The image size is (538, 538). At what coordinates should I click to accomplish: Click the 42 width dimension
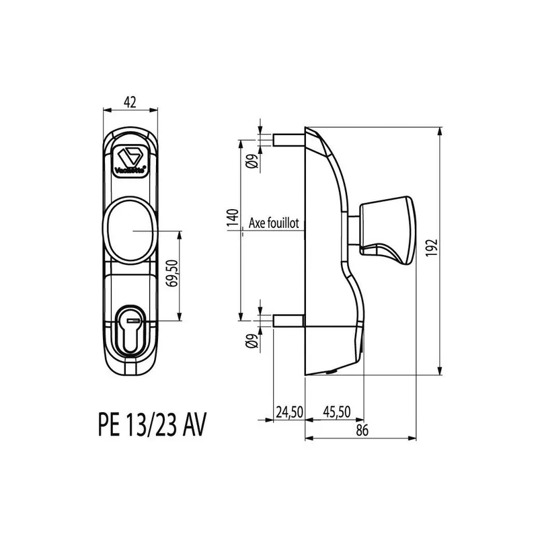pos(130,102)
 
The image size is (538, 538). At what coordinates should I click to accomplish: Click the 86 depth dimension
pos(362,432)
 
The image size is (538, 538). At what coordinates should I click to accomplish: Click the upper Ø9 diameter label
pos(250,160)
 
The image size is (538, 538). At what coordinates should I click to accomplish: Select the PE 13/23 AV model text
pos(147,426)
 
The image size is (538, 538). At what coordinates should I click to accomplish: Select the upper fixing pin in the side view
pos(289,139)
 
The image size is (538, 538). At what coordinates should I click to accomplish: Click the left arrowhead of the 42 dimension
pos(103,110)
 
